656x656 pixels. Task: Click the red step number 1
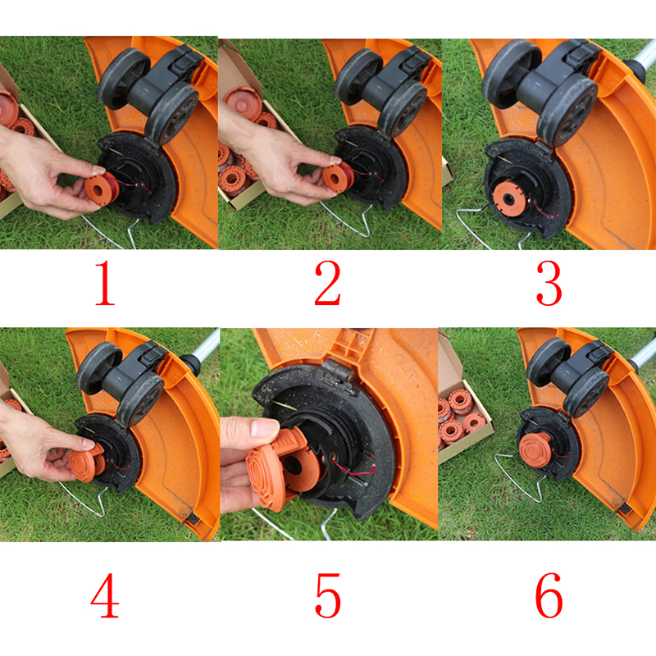[105, 282]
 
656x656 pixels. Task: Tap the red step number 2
[327, 283]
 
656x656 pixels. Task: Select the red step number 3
[549, 283]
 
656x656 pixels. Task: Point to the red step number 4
[105, 595]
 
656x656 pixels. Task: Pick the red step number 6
[549, 595]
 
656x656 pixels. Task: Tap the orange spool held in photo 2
[338, 177]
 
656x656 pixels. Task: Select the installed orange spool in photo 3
[508, 198]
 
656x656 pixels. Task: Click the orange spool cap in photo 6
[535, 449]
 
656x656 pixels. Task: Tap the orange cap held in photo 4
[87, 462]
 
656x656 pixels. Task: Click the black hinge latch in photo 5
[336, 371]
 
